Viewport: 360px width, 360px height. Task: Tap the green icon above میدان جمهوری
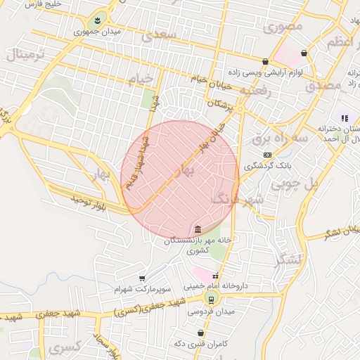coord(96,19)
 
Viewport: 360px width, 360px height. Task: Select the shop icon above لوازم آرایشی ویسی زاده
coord(264,61)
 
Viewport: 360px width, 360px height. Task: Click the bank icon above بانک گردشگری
coord(266,155)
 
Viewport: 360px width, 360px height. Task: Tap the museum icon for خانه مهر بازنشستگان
coord(198,229)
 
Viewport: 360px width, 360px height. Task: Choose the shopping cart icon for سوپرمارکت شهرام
coord(142,278)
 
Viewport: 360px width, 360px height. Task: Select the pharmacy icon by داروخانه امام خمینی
coord(216,276)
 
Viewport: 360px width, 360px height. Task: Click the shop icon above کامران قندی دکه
coord(201,333)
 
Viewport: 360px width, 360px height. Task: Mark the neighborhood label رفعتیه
coord(255,90)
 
